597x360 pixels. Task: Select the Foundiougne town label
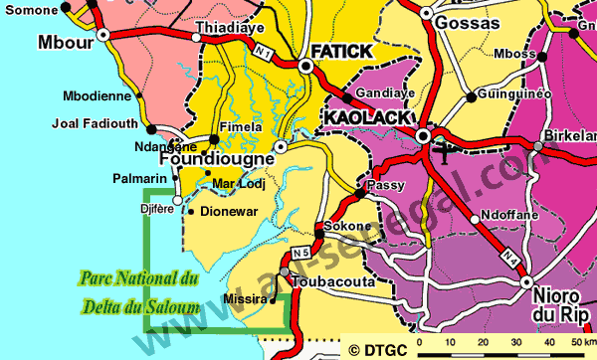pos(216,158)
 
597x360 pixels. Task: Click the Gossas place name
pos(466,22)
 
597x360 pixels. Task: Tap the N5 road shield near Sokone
pos(301,253)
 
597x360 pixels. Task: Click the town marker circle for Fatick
pos(305,66)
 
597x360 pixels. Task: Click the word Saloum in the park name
pos(172,304)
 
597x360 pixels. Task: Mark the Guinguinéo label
pos(514,93)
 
